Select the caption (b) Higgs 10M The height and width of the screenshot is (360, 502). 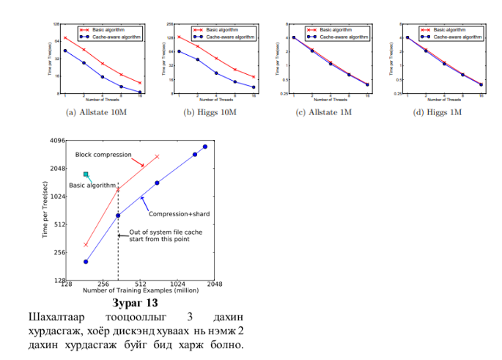coord(209,113)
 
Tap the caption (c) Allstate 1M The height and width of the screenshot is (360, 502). coord(323,113)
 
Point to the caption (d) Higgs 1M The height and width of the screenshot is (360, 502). coord(438,113)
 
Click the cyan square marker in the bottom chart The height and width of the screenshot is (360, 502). coord(86,175)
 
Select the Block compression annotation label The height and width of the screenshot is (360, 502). coord(103,155)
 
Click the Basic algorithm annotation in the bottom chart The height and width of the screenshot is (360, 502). coord(92,185)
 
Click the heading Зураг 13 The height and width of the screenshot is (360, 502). coord(136,302)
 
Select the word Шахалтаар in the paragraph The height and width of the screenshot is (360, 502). coord(55,317)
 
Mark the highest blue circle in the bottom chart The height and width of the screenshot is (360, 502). coord(205,147)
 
